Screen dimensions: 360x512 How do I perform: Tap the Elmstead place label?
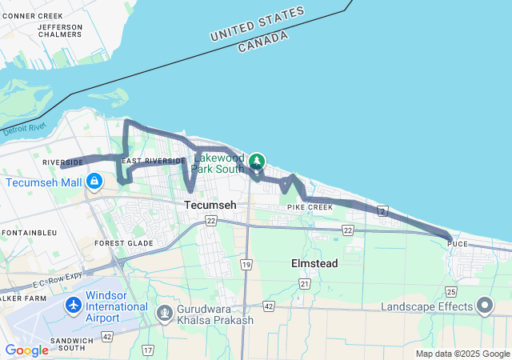click(314, 263)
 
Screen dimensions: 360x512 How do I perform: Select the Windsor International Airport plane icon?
click(74, 306)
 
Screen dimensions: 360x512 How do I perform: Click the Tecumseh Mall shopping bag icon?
click(94, 182)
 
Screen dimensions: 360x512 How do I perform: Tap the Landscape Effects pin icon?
click(485, 306)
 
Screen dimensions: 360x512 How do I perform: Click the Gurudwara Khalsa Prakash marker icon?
click(165, 312)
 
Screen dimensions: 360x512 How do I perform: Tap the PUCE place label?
click(458, 243)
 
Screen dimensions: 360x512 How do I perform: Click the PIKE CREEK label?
click(310, 207)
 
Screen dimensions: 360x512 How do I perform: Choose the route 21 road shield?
click(304, 283)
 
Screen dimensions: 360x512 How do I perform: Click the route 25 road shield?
click(451, 291)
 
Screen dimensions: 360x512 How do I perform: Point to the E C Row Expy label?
click(59, 275)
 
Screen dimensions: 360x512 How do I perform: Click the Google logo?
click(26, 350)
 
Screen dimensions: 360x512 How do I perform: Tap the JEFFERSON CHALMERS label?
click(60, 30)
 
